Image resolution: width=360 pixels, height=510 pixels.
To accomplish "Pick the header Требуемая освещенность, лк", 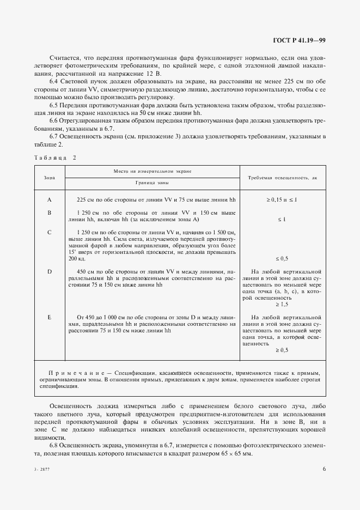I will click(282, 178).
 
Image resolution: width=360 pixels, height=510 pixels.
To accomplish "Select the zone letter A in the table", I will click(49, 200).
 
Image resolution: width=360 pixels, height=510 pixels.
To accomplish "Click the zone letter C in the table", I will click(49, 232).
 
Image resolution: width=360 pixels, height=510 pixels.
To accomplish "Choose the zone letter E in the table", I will click(49, 317).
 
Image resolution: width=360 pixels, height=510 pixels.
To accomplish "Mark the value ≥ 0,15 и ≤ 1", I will click(282, 200).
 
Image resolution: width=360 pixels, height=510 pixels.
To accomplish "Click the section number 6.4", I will click(55, 81).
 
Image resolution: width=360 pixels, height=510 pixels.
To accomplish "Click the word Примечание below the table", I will click(77, 373).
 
